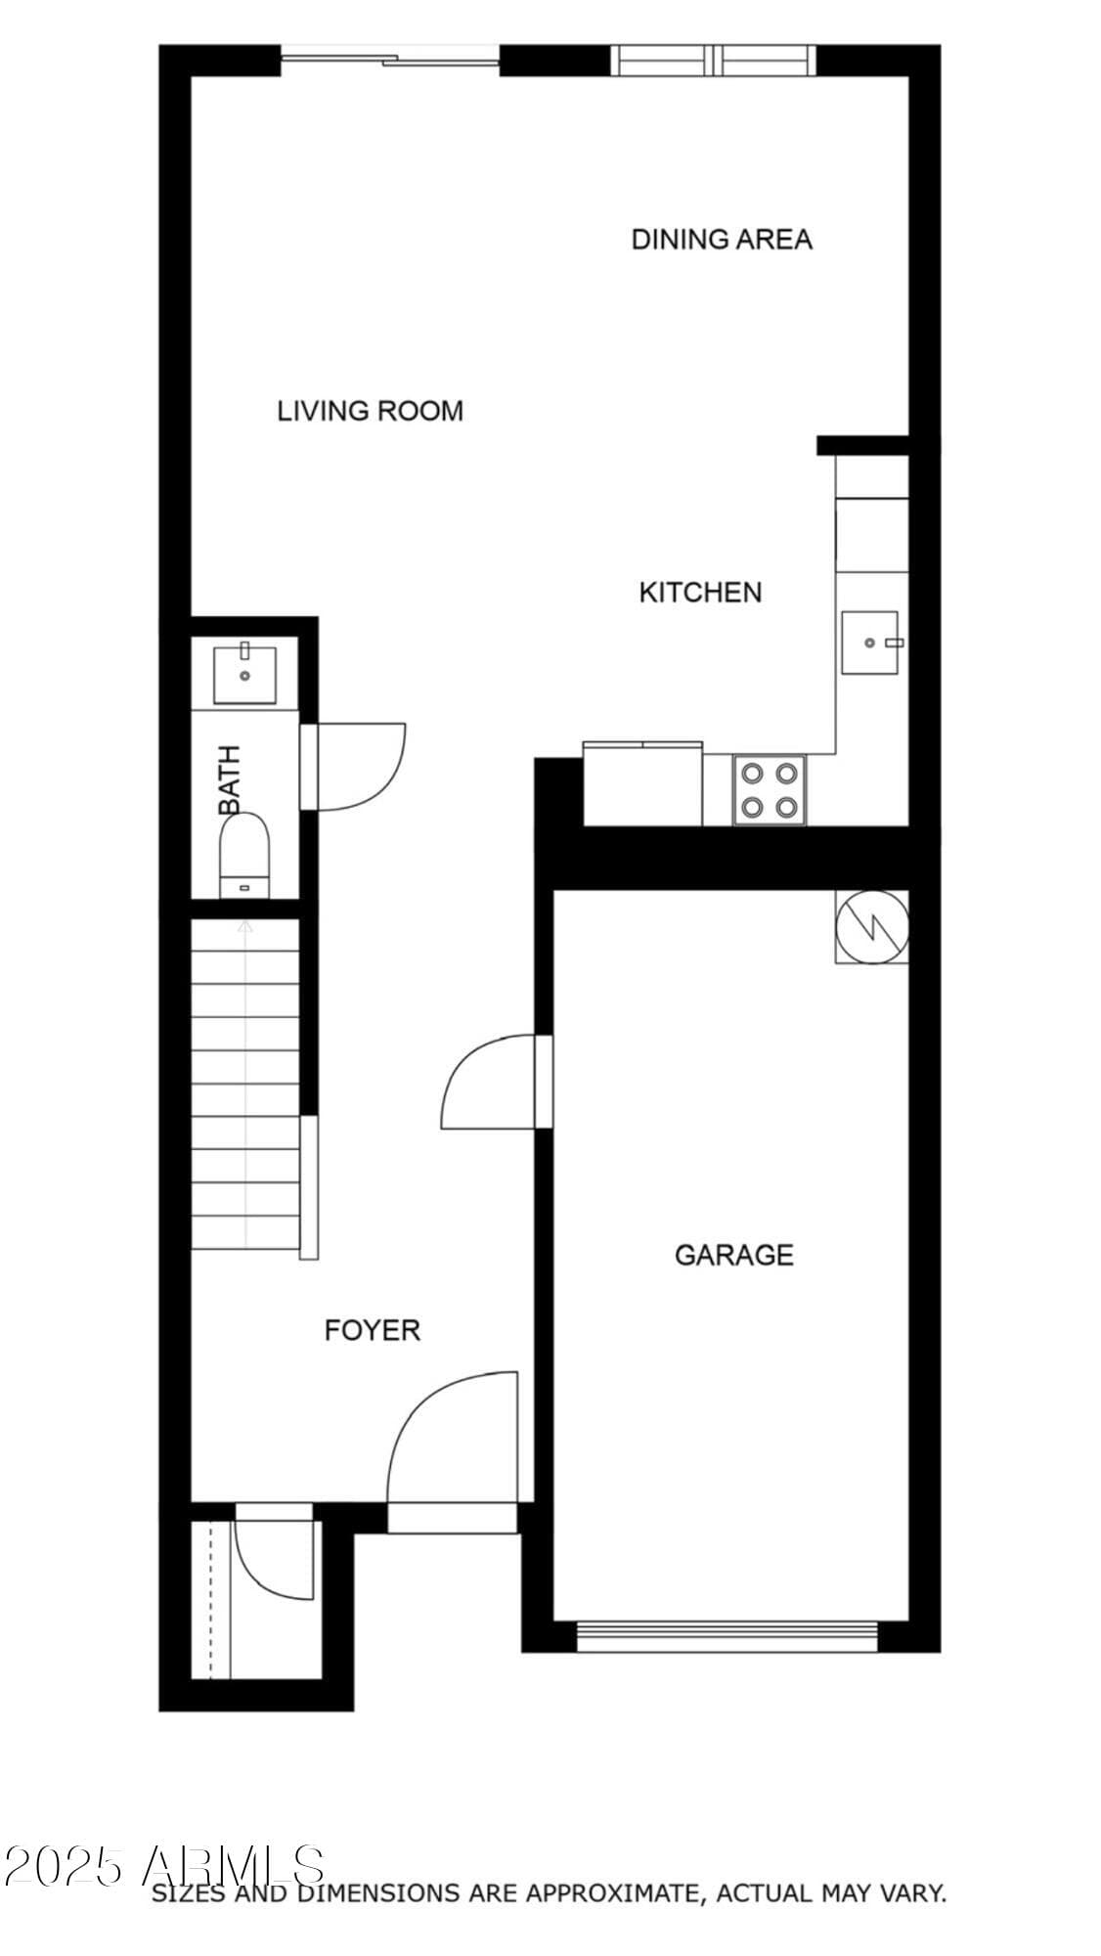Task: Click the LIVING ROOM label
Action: tap(370, 411)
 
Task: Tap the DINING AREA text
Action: tap(722, 240)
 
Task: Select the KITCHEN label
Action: tap(700, 592)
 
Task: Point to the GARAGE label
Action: tap(734, 1255)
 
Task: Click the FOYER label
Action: tap(373, 1330)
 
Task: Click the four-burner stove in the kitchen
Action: tap(769, 790)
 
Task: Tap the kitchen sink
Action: tap(870, 643)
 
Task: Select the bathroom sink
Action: tap(244, 675)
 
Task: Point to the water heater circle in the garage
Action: tap(872, 927)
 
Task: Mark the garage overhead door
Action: tap(727, 1636)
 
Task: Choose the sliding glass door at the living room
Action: tap(391, 61)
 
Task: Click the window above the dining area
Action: tap(714, 61)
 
